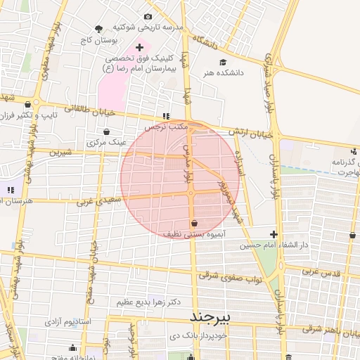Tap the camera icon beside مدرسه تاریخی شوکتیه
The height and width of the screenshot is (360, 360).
point(148,17)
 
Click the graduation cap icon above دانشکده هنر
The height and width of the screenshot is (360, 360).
point(223,61)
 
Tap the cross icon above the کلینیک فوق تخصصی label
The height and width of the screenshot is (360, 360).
point(139,46)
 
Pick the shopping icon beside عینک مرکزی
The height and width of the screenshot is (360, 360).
point(106,131)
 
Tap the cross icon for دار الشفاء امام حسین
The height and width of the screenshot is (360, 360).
point(274,234)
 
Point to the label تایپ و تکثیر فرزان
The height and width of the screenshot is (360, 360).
point(29,114)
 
